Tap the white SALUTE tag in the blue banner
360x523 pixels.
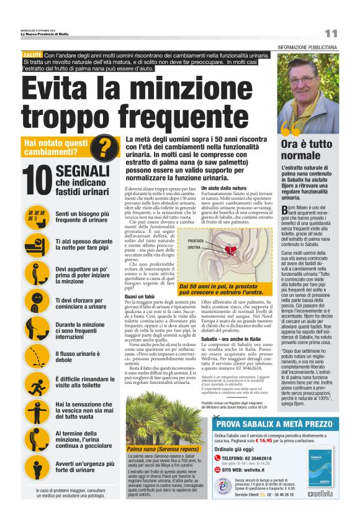(x=32, y=56)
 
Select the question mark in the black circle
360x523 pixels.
(x=107, y=148)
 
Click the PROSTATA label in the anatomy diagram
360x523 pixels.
(x=196, y=240)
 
